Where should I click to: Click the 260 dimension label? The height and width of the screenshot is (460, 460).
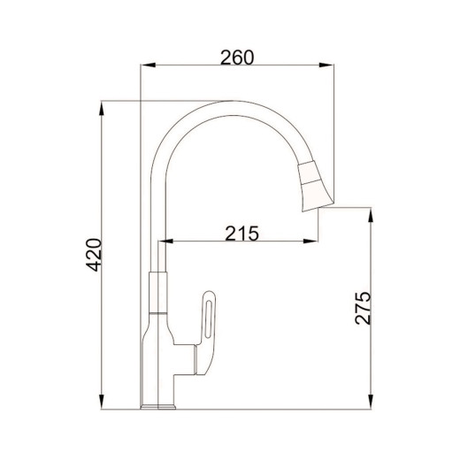coord(237,57)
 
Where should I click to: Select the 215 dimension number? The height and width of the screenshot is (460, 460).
coord(241,234)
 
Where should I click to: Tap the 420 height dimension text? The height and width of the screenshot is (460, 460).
coord(94,255)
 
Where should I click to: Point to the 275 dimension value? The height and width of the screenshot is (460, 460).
coord(363,308)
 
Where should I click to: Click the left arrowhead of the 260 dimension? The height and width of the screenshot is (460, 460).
coord(148,65)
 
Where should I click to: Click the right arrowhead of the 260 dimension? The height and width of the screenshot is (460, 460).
coord(326,65)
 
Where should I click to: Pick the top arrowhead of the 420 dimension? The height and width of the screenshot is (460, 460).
coord(102,108)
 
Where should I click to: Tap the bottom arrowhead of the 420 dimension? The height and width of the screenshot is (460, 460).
coord(102,402)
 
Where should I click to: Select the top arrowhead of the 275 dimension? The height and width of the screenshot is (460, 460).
coord(371,215)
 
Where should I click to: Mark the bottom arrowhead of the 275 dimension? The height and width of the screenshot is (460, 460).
coord(371,402)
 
